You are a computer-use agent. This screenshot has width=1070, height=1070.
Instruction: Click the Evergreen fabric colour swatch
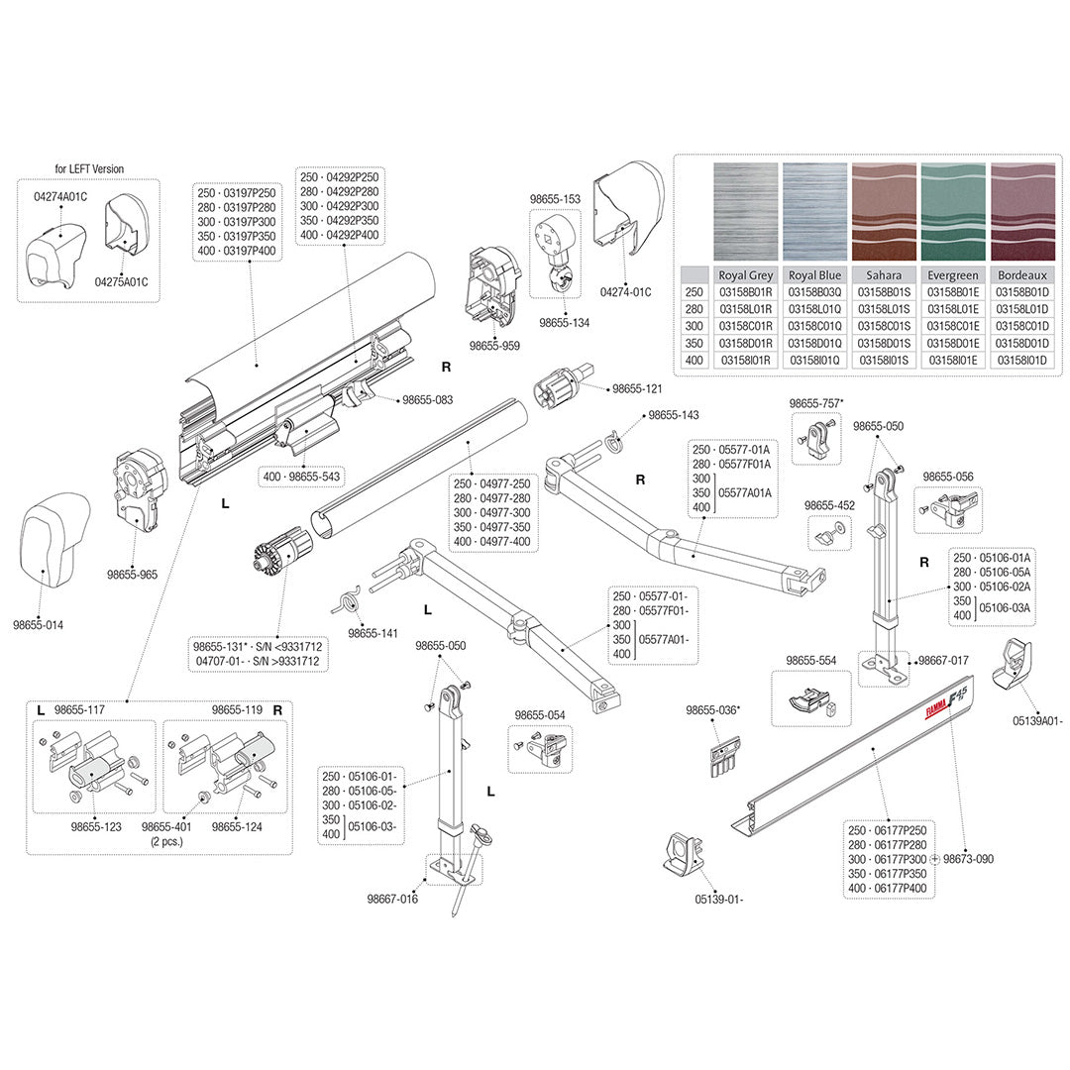point(953,212)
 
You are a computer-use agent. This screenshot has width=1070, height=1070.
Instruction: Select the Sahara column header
point(884,275)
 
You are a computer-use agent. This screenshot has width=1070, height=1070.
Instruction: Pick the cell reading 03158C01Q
point(814,326)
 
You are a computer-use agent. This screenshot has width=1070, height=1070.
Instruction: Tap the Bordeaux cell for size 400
point(1021,361)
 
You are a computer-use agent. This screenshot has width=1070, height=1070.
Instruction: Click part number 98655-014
point(39,625)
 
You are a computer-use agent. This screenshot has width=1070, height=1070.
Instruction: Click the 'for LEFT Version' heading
point(89,168)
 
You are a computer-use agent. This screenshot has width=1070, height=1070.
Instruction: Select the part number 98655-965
point(132,575)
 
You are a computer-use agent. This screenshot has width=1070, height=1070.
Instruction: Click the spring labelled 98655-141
point(349,601)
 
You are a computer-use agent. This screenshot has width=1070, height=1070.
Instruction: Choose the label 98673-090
point(968,859)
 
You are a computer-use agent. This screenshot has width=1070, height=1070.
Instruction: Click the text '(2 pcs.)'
point(167,841)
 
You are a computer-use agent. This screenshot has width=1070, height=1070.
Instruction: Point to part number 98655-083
point(427,400)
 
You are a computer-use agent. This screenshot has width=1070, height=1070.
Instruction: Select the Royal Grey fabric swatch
point(745,212)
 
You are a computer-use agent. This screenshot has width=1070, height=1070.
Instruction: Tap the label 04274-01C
point(625,292)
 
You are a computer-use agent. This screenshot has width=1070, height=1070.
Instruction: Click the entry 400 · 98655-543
point(301,477)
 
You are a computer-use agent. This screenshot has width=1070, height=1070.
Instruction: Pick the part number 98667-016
point(392,899)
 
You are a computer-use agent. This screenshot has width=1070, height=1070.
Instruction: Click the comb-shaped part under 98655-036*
point(724,756)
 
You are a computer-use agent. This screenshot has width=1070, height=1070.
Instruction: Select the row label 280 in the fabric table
point(694,309)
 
